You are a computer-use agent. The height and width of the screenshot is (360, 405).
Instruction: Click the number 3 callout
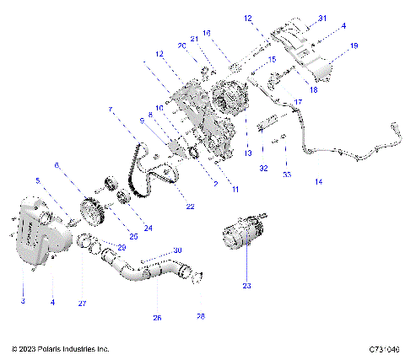coord(24,299)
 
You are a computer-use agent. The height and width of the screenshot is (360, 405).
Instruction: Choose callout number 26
coord(156,319)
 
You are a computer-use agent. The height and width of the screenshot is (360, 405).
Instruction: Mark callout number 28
coord(200,317)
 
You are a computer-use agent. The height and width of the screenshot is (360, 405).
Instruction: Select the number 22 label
coord(190,207)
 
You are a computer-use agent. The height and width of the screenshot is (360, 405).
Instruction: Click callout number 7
coord(110,110)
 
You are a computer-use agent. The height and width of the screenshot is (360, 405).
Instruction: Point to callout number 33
coord(286,175)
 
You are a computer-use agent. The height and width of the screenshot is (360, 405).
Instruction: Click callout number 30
coord(176,250)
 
